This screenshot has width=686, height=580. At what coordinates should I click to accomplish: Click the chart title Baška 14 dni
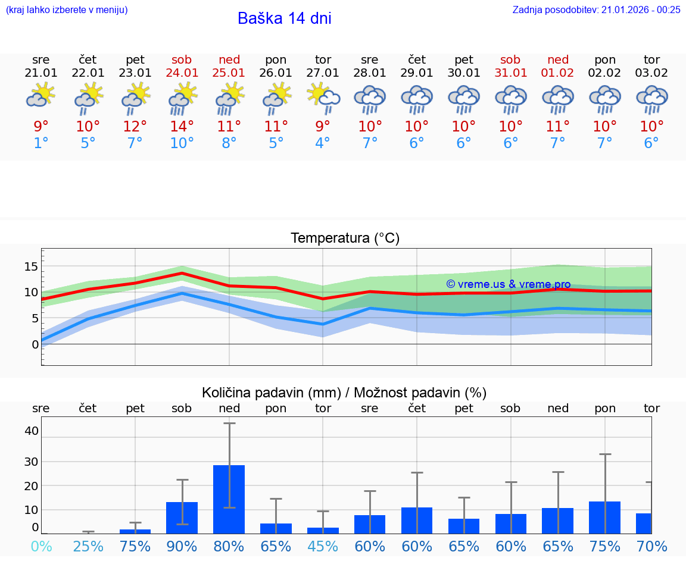click(x=284, y=18)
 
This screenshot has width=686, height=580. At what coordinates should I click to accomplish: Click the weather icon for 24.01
click(x=182, y=98)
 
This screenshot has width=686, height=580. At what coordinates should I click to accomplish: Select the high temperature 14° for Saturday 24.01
click(x=182, y=126)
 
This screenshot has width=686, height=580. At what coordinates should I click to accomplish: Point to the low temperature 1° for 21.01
click(x=41, y=143)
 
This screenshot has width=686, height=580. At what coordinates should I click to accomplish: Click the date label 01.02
click(x=558, y=73)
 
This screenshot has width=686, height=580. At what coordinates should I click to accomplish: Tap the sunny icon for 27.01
click(x=323, y=98)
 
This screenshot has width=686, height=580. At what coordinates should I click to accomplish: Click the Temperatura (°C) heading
click(x=345, y=239)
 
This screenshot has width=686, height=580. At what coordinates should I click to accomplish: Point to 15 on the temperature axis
click(x=31, y=267)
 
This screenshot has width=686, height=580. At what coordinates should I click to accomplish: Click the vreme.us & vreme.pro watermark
click(x=508, y=284)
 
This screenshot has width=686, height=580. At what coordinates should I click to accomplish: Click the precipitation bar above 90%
click(x=182, y=518)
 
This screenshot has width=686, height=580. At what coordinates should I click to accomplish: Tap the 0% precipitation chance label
click(x=41, y=546)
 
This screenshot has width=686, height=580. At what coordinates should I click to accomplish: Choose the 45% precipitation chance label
click(x=323, y=546)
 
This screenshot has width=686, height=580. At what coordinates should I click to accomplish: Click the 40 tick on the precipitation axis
click(x=32, y=431)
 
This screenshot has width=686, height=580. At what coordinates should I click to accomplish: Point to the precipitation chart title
click(x=344, y=393)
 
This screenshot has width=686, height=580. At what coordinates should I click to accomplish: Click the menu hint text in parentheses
click(x=67, y=10)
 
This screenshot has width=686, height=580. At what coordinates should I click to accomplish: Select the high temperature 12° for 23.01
click(x=135, y=126)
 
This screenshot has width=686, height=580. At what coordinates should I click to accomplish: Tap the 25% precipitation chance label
click(x=88, y=546)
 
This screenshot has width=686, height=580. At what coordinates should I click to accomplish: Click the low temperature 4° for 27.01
click(x=322, y=143)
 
